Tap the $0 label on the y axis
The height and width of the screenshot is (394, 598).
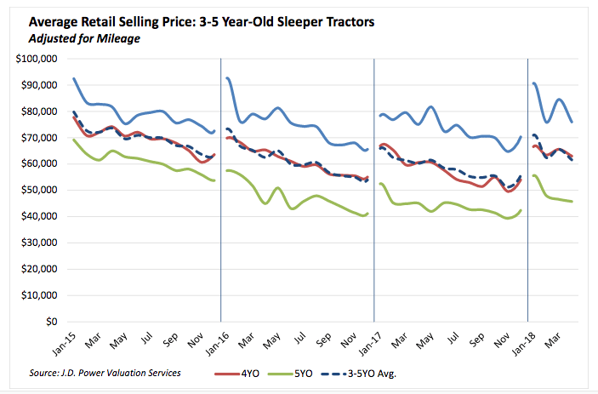(52, 323)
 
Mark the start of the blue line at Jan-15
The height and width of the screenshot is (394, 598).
(74, 78)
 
